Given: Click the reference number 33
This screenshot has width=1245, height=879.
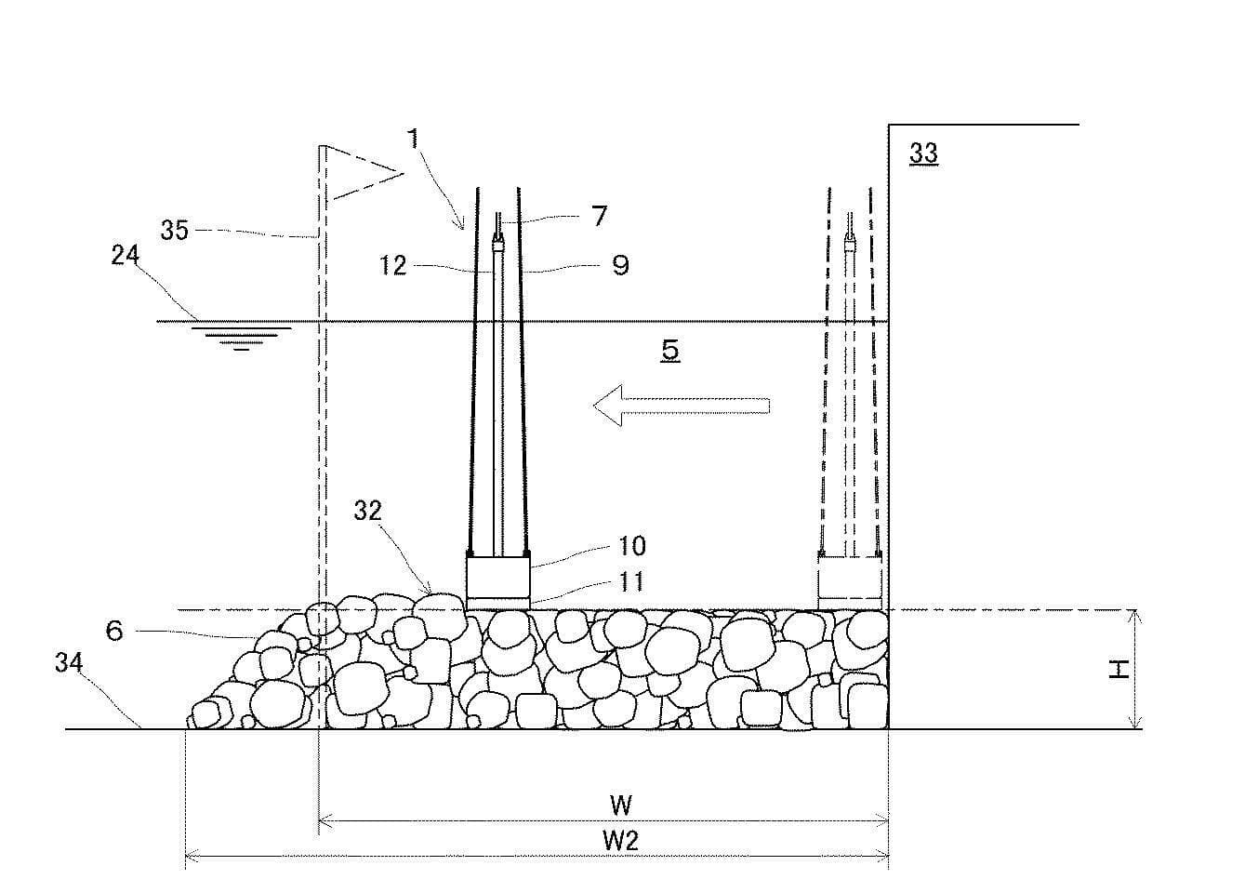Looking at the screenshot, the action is (923, 153).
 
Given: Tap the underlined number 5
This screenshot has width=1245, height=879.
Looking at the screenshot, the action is (670, 351).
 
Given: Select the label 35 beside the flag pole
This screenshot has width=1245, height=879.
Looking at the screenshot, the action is (175, 230).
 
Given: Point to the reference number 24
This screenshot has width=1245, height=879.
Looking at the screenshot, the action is (125, 255).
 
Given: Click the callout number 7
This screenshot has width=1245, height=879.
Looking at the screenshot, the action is (599, 216).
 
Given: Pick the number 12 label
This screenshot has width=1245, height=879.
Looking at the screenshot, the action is (393, 265).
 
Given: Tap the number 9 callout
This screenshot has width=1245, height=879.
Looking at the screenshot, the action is (620, 266).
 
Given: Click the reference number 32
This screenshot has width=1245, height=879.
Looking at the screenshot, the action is (368, 511).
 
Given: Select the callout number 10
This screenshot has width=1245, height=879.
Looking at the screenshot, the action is (632, 546).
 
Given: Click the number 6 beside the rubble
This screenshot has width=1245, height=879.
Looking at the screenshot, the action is (114, 631).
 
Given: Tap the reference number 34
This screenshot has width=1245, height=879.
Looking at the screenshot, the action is (69, 662).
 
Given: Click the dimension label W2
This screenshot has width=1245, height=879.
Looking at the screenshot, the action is (621, 841).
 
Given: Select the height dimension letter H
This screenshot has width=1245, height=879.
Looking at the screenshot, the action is (1119, 670).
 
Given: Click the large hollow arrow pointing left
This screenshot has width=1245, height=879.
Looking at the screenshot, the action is (682, 406).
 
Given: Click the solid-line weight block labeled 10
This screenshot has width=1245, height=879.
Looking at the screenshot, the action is (498, 576).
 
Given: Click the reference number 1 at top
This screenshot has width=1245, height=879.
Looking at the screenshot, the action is (413, 139).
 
